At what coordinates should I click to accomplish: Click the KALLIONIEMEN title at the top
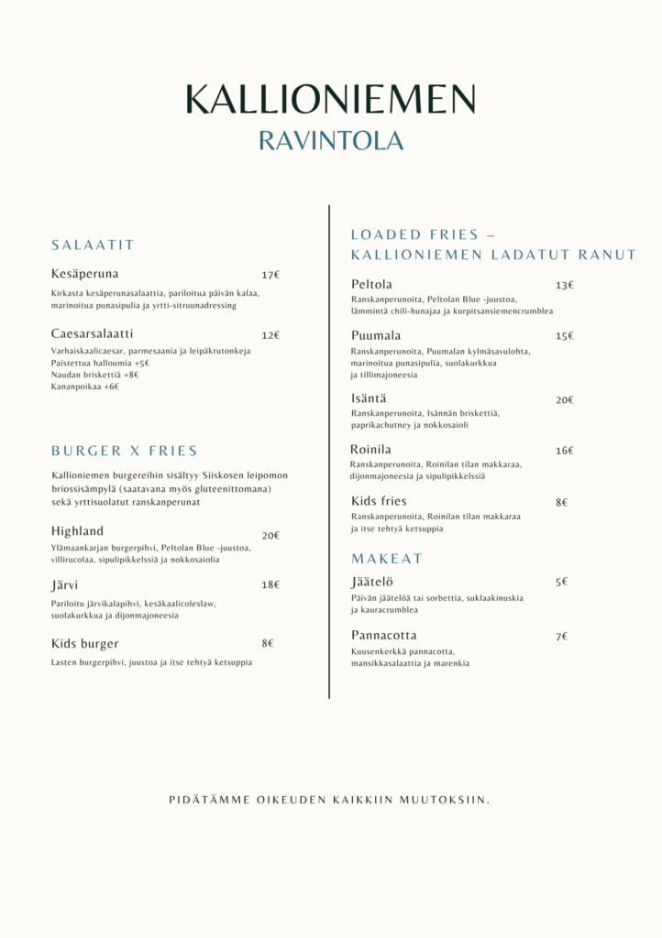(x=330, y=99)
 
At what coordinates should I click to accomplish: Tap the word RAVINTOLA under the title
(x=330, y=141)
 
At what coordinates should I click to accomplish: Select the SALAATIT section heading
(x=93, y=245)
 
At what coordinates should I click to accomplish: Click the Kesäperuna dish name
(x=84, y=274)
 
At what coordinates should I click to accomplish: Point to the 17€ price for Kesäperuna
(x=270, y=275)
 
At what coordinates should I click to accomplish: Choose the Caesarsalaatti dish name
(x=92, y=333)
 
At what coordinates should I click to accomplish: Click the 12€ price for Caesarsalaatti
(x=270, y=335)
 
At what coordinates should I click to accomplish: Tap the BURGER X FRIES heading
(x=124, y=451)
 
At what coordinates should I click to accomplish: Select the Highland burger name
(x=77, y=531)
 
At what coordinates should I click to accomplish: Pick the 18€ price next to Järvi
(x=270, y=584)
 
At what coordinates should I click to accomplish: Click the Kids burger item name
(x=84, y=644)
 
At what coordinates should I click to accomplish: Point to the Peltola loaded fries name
(x=371, y=285)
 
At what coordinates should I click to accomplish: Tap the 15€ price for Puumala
(x=564, y=336)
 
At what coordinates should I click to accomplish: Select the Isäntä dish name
(x=369, y=398)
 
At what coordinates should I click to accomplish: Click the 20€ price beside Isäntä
(x=564, y=400)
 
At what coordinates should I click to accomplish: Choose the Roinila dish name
(x=370, y=450)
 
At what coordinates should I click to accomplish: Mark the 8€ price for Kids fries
(x=561, y=502)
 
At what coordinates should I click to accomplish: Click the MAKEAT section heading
(x=387, y=559)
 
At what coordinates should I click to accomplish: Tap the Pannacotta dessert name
(x=383, y=636)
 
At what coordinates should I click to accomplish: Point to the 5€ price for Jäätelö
(x=561, y=582)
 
